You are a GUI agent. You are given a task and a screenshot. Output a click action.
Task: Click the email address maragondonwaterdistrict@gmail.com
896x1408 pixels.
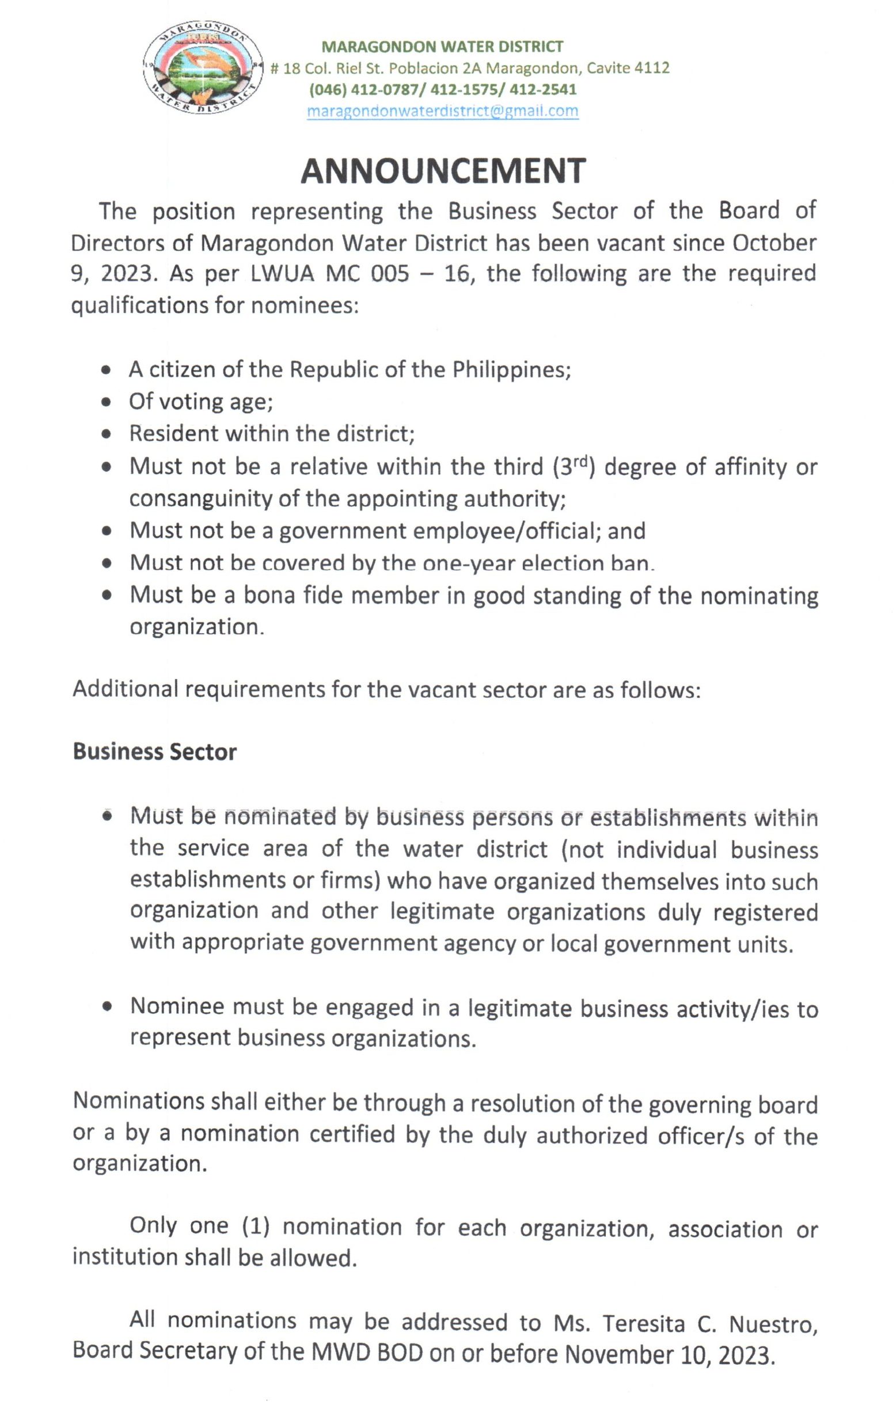(x=442, y=111)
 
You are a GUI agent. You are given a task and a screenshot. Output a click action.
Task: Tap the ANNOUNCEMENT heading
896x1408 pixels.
(x=442, y=171)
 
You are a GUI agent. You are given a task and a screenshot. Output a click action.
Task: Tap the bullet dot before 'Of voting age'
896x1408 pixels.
(x=106, y=402)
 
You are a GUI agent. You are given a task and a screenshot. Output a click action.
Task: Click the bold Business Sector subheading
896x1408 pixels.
(x=154, y=752)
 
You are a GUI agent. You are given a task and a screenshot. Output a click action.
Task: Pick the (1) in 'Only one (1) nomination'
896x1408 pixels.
(x=256, y=1227)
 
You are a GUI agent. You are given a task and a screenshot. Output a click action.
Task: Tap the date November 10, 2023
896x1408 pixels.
(x=669, y=1354)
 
